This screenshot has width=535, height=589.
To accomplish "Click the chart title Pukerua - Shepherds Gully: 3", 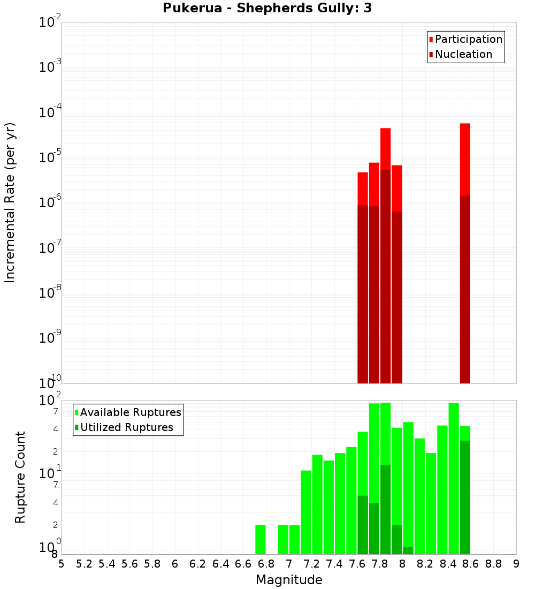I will coord(267,9).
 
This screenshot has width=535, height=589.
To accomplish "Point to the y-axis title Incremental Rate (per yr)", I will coord(10,203).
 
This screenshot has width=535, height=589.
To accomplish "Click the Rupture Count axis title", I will coord(20,477).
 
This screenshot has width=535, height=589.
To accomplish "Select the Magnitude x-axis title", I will coord(289,580).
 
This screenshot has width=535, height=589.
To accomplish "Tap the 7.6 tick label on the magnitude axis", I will coord(357,564).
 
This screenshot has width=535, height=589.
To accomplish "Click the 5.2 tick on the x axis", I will coord(84,564).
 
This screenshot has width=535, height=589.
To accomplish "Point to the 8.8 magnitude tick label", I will coord(493,564).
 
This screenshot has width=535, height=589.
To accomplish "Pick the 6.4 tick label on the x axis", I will coord(220,564).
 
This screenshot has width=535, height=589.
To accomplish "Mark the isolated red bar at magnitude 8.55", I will coord(465,161).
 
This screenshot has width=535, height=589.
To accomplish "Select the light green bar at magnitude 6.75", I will coord(261,539).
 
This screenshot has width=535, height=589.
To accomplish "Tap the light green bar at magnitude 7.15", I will coord(306,512).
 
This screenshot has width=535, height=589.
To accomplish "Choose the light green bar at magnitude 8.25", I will coord(431,503).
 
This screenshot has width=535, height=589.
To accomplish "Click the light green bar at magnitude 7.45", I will coord(340,503).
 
